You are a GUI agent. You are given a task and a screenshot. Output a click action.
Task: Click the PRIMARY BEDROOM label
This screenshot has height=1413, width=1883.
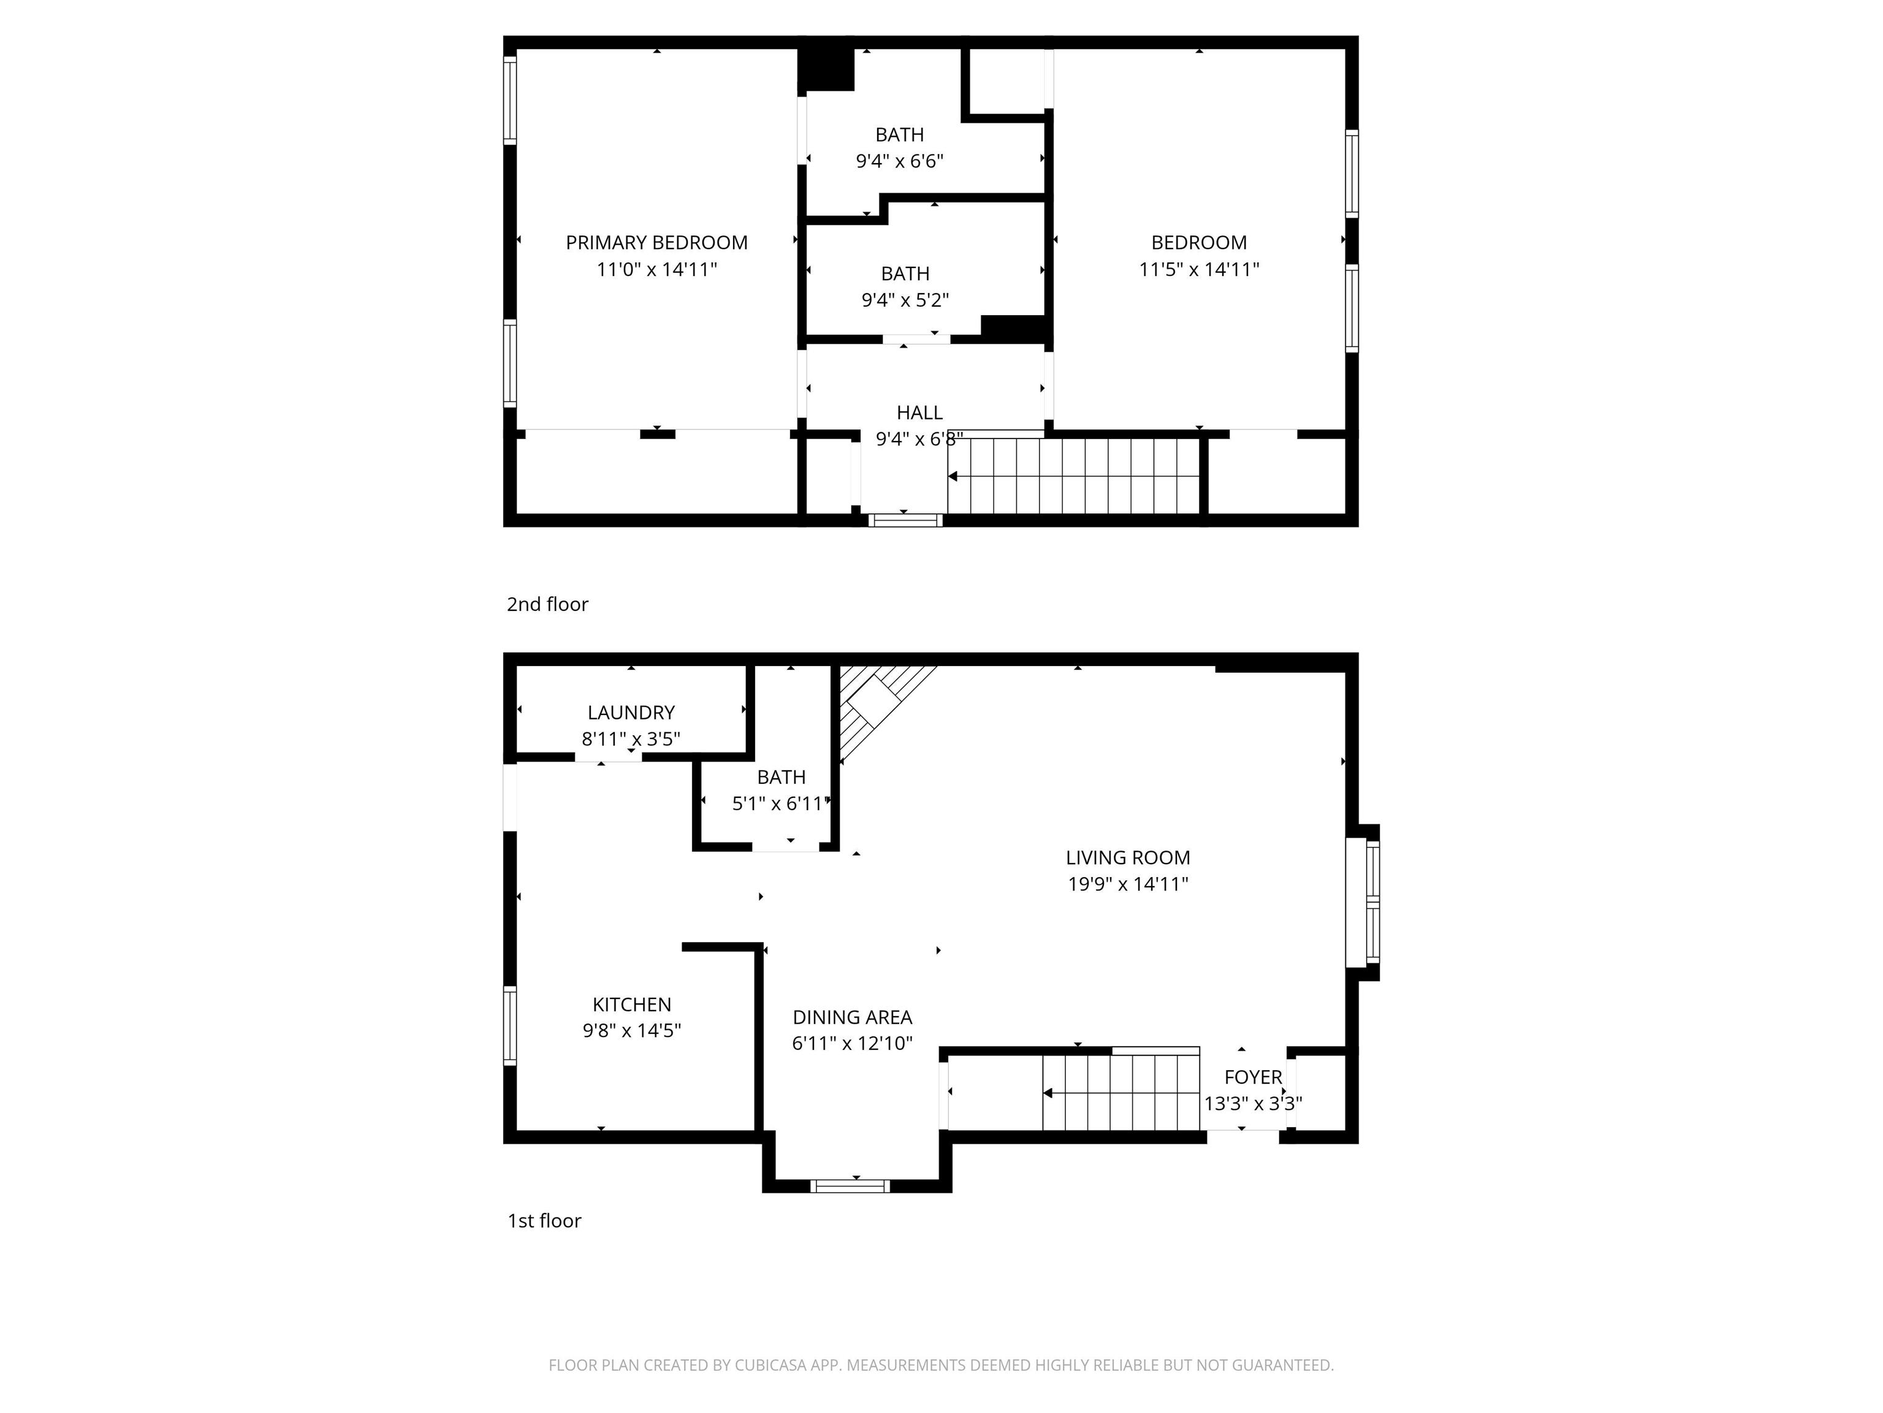pos(656,243)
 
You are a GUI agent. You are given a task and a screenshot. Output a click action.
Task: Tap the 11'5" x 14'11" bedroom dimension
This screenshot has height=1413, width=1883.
pos(1198,270)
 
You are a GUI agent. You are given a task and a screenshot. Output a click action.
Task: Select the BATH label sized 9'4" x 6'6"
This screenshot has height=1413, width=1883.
pos(899,134)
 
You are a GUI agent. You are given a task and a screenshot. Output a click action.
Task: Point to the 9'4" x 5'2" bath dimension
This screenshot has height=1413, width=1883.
pos(905,301)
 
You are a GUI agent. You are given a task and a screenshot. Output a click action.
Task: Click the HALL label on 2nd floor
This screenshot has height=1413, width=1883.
pos(919,413)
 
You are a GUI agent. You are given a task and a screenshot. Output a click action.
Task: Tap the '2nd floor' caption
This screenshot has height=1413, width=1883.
pos(547,605)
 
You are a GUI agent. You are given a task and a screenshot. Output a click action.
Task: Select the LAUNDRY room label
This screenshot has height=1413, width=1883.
pos(631,713)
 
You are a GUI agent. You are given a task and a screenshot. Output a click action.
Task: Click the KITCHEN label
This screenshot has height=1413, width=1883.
pos(631,1005)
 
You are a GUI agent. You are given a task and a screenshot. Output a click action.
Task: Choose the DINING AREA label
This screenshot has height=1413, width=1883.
pos(852,1018)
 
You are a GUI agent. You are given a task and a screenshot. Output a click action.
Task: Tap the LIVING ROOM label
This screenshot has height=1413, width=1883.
pos(1127,858)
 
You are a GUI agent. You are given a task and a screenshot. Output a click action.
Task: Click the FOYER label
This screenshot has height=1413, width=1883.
pos(1253,1078)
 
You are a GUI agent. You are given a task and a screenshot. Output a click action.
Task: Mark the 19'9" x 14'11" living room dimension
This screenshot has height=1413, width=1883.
pos(1127,884)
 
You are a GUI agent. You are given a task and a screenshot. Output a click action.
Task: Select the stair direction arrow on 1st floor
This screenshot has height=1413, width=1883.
pos(1049,1093)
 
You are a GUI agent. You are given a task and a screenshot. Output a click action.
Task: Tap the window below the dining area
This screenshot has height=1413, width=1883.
pos(850,1185)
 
